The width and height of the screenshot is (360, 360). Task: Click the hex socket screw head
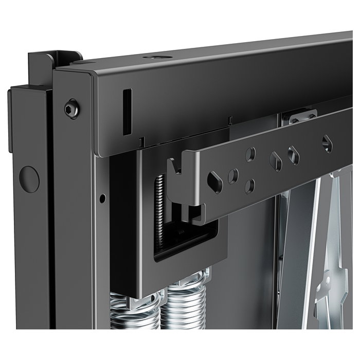point(72,109)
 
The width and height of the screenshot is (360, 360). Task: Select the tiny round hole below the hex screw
point(103,198)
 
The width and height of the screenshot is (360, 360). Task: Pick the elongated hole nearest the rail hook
point(214,182)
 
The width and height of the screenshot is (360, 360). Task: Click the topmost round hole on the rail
point(250,154)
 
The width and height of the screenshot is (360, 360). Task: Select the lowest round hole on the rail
point(249,186)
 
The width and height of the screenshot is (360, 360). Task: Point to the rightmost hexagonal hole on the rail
point(327,143)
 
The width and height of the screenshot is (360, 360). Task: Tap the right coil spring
point(183,303)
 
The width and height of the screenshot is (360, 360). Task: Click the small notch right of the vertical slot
point(141,141)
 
